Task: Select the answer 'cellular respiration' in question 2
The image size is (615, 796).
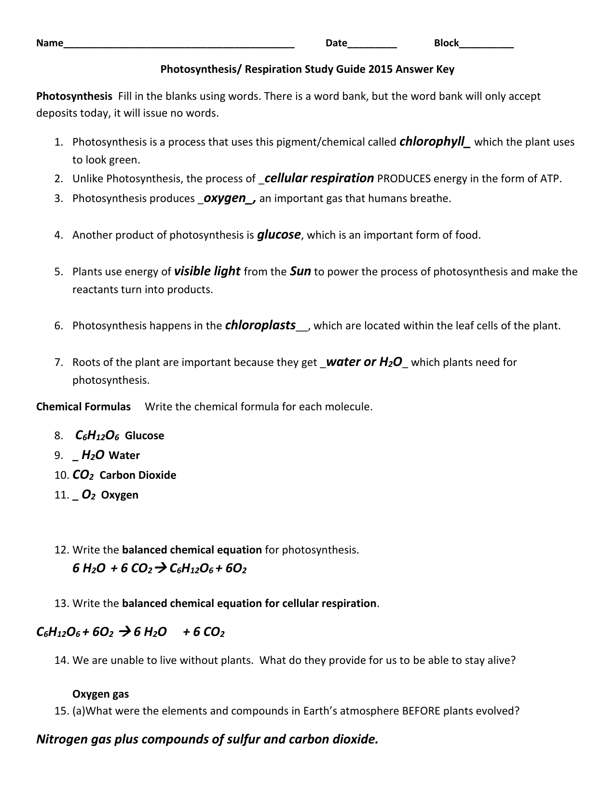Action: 319,178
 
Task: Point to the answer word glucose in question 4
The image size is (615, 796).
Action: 279,235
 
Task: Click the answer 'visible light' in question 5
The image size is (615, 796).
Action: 207,271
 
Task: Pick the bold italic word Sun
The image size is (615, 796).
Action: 300,271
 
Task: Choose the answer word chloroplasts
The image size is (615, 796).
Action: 260,325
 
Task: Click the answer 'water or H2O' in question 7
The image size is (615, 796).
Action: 364,362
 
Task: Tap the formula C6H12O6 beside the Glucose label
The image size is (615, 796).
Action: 98,436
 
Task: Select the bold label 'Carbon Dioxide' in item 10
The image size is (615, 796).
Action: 138,475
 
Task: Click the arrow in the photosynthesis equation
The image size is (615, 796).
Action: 161,569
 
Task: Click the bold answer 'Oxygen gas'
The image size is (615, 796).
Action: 101,694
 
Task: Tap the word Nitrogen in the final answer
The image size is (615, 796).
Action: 62,739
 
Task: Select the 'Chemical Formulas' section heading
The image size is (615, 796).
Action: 83,407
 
